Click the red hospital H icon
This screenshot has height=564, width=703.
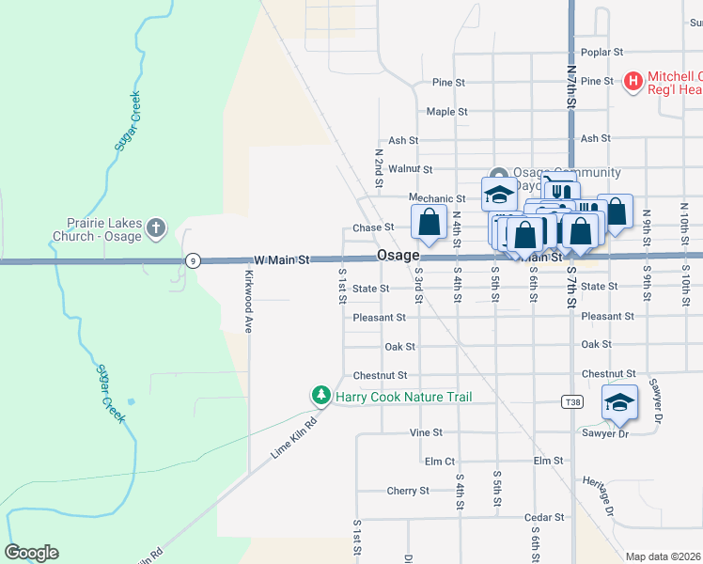633,83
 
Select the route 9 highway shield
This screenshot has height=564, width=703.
192,260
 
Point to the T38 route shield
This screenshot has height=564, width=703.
571,401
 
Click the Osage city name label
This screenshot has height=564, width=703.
398,256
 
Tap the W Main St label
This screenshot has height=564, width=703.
282,258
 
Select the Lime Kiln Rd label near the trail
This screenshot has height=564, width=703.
295,438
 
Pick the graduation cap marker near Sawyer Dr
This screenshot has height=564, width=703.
619,403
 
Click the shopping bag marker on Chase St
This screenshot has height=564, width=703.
429,223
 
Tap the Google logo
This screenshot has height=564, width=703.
31,553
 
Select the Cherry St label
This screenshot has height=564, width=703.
407,491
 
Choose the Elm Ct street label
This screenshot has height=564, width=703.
440,462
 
